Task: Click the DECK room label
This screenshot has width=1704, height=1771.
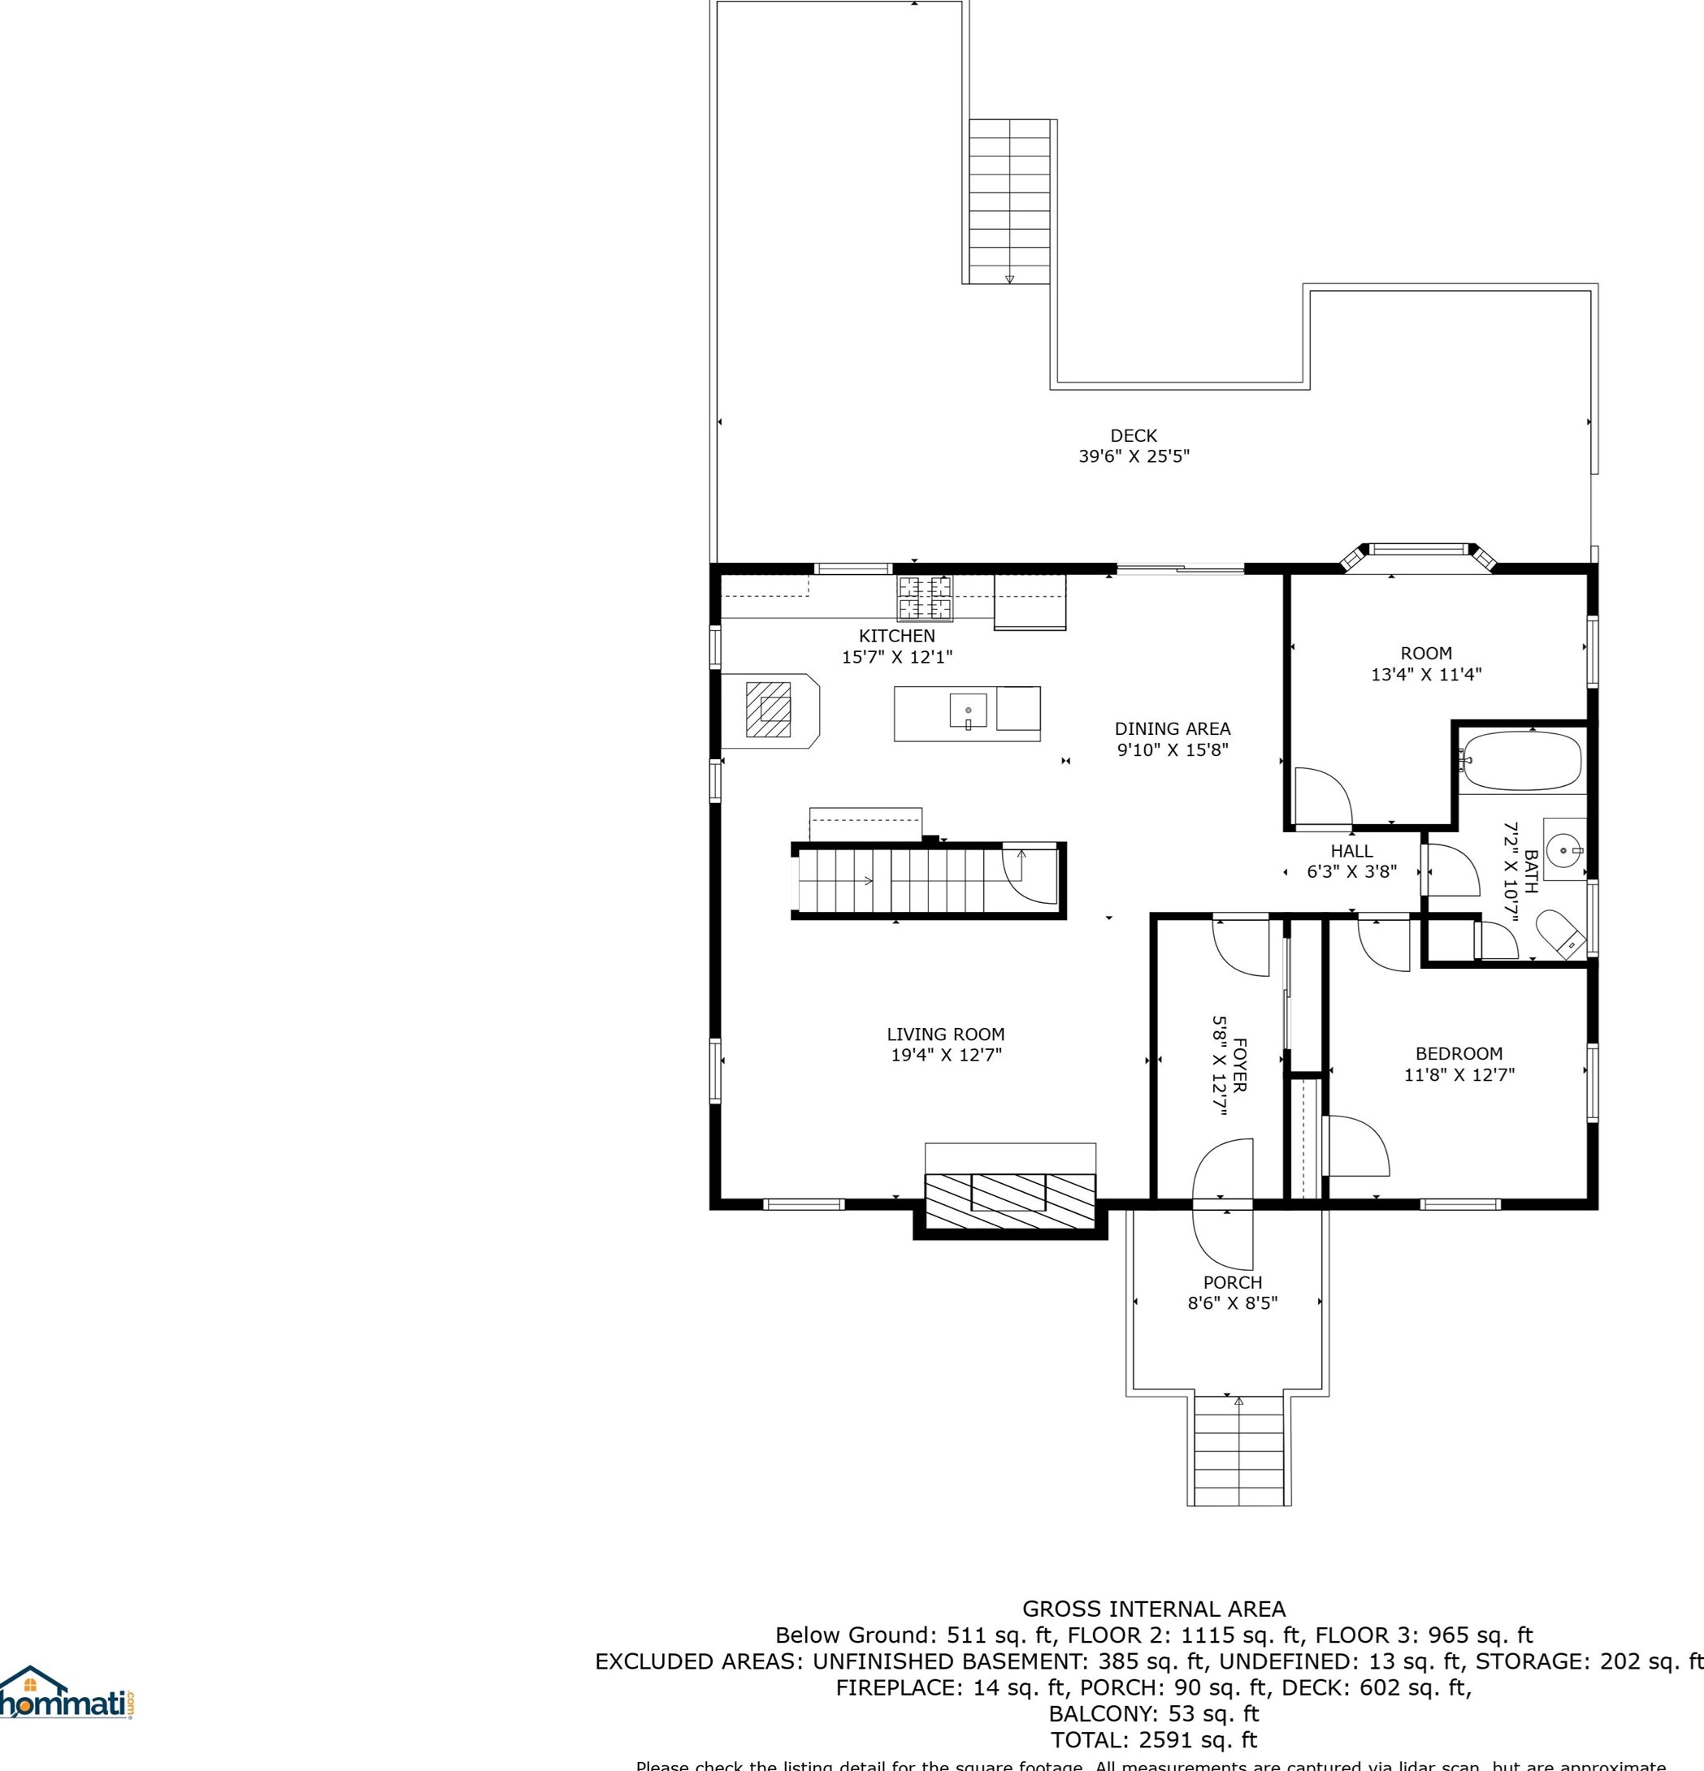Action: [1133, 435]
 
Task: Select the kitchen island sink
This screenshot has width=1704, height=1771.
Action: [967, 711]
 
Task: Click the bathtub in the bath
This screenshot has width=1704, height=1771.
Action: [1521, 762]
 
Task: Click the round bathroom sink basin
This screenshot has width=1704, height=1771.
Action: [1562, 850]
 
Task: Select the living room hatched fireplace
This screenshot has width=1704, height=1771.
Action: [1009, 1202]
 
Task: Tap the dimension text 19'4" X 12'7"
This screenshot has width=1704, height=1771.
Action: [946, 1055]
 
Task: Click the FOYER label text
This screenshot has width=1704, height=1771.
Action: [1240, 1065]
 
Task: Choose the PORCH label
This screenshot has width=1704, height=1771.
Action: [1232, 1282]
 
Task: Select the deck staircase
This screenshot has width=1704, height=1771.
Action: [1009, 201]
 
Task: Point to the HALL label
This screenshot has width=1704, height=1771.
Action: [1351, 850]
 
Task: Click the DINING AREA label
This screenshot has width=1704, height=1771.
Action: [1172, 728]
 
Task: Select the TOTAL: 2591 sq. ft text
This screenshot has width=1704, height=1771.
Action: [1154, 1739]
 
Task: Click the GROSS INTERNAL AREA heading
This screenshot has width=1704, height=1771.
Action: [1154, 1609]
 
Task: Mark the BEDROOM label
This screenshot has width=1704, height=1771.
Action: [1458, 1053]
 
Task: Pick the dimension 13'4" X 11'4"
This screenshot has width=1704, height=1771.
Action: [1425, 674]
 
